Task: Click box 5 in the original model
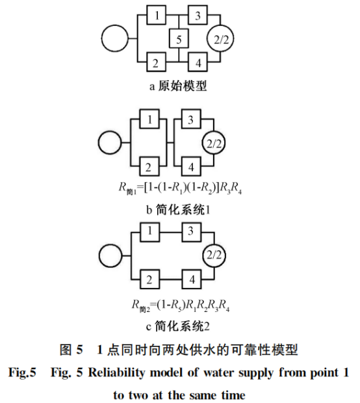tap(179, 40)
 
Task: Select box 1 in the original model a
tap(156, 14)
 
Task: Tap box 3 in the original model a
tap(198, 14)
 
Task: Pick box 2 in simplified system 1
tap(149, 168)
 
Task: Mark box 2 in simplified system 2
tap(149, 280)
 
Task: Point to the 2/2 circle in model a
tap(220, 40)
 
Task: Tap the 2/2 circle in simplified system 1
tap(213, 144)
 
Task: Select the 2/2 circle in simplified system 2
tap(213, 255)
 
